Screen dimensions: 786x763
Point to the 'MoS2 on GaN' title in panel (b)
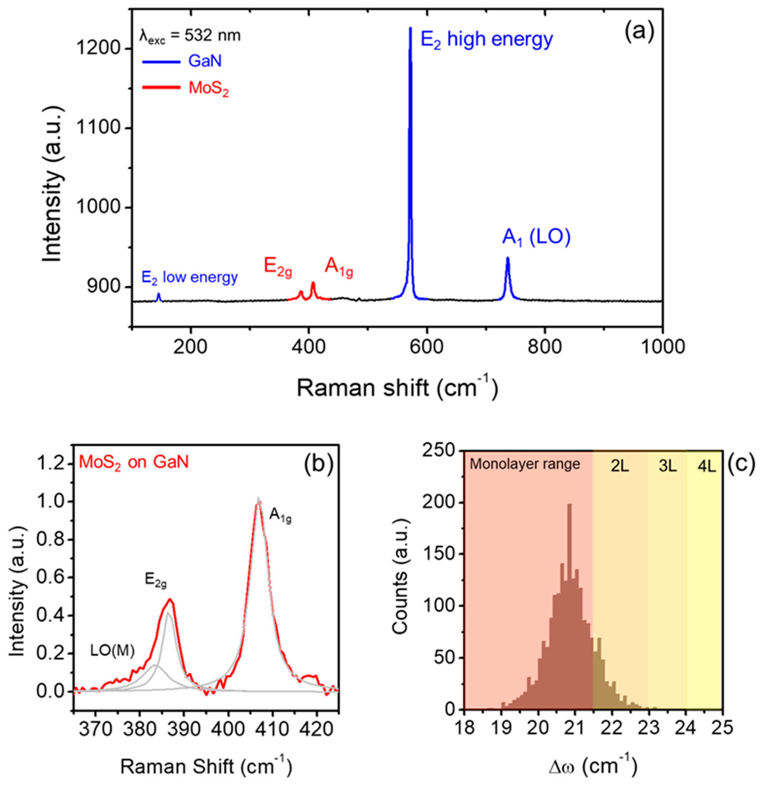coord(134,462)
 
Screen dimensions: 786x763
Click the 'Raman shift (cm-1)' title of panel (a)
coord(397,389)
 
